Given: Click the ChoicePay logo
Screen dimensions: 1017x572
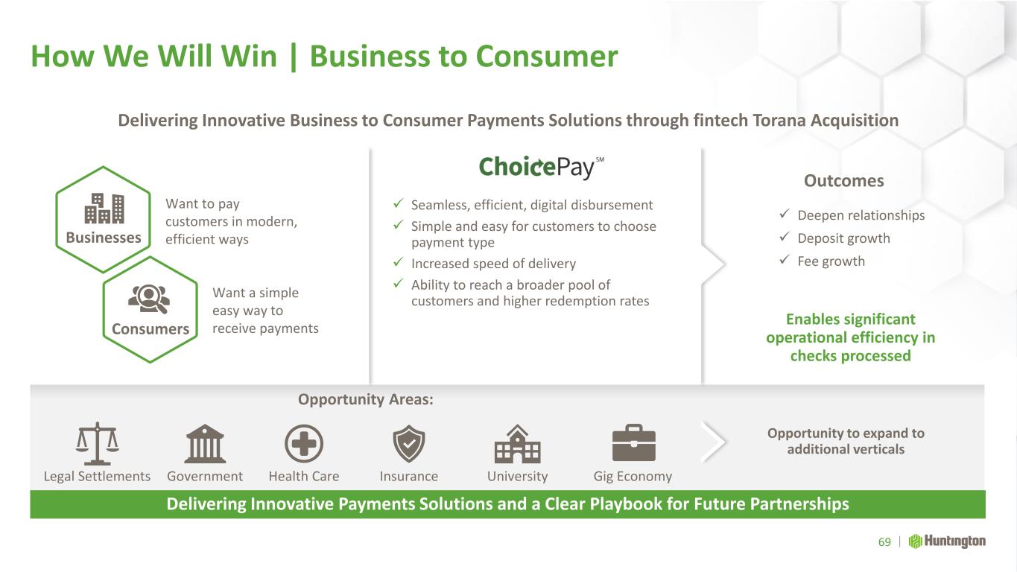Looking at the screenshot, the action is tap(541, 167).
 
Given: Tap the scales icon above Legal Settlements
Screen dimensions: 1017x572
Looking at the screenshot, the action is tap(97, 444).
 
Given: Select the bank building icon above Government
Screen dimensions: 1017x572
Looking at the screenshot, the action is tap(205, 444).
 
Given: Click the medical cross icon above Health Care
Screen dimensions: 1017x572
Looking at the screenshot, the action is tap(304, 444).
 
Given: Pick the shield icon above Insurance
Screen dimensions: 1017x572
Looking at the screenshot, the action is tap(408, 444).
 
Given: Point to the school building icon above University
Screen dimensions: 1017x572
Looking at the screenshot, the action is tap(517, 444).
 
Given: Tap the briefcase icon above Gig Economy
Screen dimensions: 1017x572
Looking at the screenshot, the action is tap(634, 442).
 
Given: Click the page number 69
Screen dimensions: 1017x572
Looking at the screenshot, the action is tap(884, 542).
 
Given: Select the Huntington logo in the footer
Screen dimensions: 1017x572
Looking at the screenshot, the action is tap(947, 541).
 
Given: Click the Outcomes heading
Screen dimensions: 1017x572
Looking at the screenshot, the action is tap(844, 181).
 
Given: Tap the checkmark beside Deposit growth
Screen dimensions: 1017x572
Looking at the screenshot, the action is tap(785, 237).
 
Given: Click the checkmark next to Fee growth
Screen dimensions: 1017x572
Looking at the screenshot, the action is tap(785, 260).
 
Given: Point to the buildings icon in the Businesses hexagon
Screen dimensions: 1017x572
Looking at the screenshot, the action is tap(104, 209).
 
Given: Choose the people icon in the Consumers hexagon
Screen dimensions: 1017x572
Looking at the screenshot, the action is tap(149, 299).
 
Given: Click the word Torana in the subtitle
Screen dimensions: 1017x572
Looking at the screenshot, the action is tap(779, 121).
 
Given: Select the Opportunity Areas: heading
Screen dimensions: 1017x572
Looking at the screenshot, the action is tap(366, 399).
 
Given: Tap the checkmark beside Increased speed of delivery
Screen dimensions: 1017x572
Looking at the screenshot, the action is tap(398, 262).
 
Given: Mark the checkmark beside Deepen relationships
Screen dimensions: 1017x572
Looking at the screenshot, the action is tap(785, 213).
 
